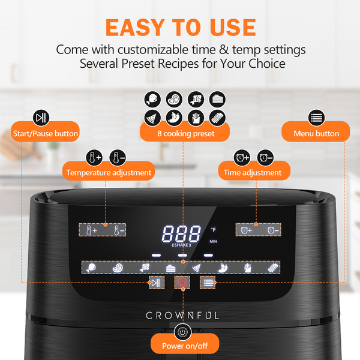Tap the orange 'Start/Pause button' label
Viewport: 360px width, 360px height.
click(46, 133)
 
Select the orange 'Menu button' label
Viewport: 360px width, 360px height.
click(316, 133)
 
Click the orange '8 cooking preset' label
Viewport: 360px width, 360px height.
click(185, 134)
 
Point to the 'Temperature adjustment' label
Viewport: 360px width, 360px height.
click(109, 173)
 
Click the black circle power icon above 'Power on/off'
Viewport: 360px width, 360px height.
click(182, 331)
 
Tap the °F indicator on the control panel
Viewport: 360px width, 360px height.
click(213, 229)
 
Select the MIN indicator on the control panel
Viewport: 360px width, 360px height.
click(213, 241)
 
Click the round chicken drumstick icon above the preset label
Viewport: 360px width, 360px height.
click(152, 98)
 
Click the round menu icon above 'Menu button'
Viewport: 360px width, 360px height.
click(316, 116)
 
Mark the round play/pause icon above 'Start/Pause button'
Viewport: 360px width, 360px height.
click(41, 116)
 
